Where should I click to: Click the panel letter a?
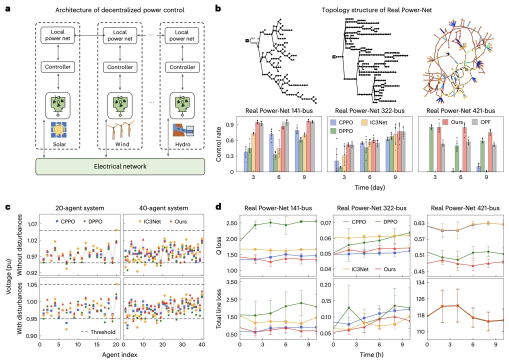tap(7, 8)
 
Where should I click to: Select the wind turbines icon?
tap(120, 132)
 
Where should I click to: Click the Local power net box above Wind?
tap(120, 35)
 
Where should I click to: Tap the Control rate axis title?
tap(219, 144)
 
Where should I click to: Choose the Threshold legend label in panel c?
tap(99, 331)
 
